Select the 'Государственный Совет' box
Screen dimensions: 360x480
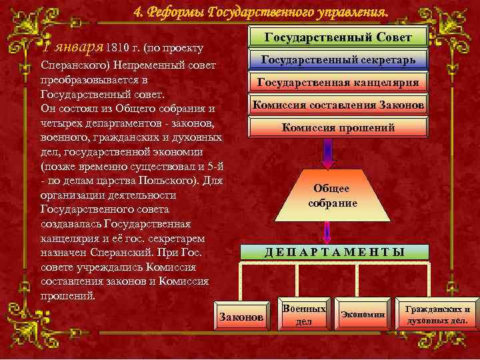point(338,38)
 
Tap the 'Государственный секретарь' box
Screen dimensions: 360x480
point(338,60)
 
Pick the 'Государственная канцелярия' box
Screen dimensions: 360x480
point(338,83)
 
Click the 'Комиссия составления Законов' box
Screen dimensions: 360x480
point(338,105)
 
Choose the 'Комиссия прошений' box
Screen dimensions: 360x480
point(338,127)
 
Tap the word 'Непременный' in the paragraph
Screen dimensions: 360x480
point(140,67)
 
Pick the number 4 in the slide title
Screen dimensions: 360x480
point(137,12)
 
